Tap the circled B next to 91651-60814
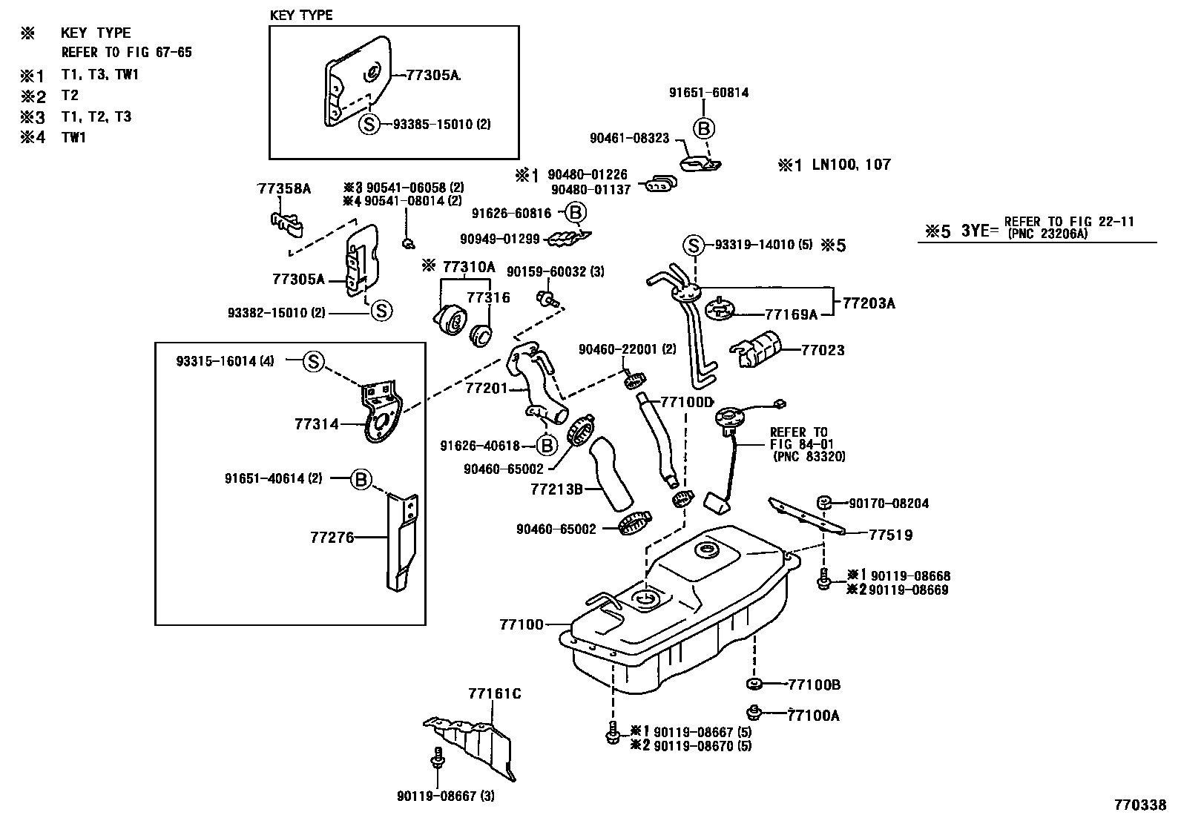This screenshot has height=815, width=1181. (x=704, y=129)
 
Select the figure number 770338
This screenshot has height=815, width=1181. (x=1139, y=804)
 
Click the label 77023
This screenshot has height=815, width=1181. (x=823, y=349)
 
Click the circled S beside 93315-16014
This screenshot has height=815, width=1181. (x=313, y=362)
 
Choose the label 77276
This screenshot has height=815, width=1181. (x=332, y=537)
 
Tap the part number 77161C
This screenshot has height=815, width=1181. (x=494, y=694)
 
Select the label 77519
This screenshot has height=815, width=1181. (x=890, y=534)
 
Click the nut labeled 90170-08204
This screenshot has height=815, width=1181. (x=823, y=504)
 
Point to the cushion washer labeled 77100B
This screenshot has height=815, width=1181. (x=754, y=683)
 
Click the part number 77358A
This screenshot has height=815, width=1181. (x=284, y=189)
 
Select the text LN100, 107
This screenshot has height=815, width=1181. (x=852, y=165)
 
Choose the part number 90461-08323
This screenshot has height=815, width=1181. (x=629, y=138)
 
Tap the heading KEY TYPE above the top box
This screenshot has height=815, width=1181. (x=301, y=15)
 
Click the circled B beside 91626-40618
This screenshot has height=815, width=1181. (x=546, y=446)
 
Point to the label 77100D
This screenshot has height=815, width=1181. (x=687, y=402)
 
